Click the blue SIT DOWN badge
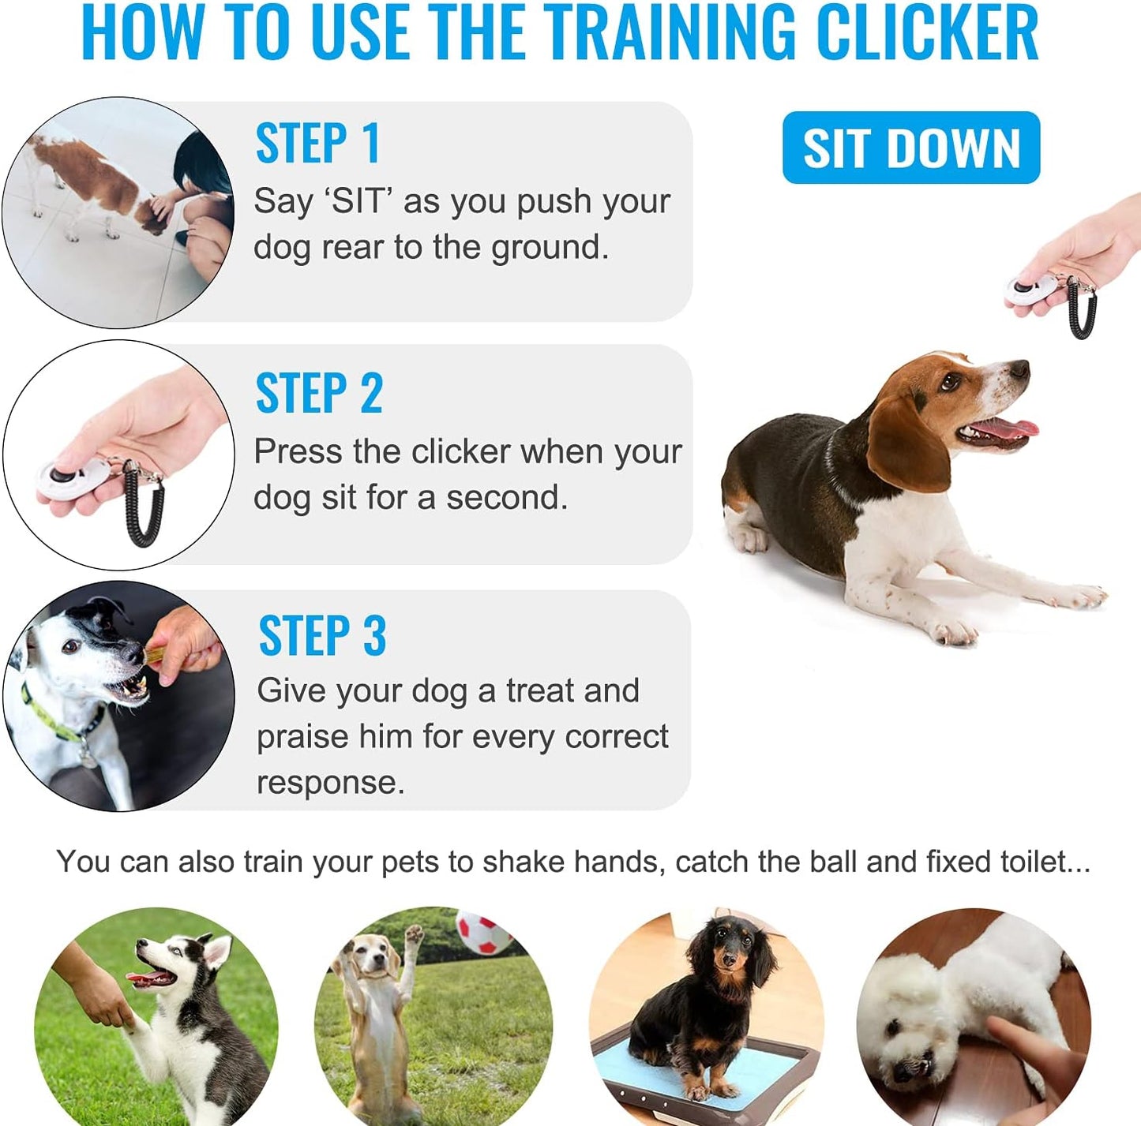(x=910, y=148)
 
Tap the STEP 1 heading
(x=317, y=144)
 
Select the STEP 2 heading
(x=319, y=393)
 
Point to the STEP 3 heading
(x=322, y=636)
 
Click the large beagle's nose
(x=1020, y=368)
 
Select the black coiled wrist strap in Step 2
(x=144, y=509)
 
